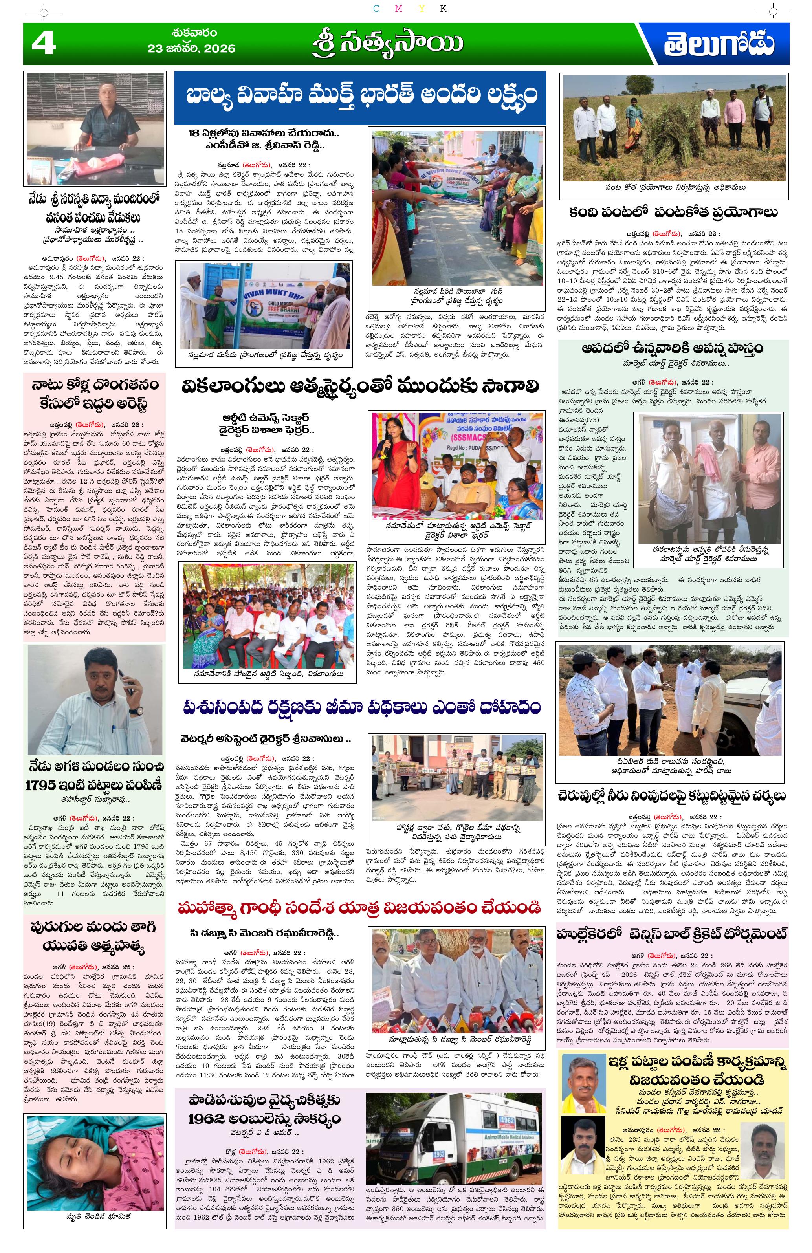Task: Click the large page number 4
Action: pos(43,43)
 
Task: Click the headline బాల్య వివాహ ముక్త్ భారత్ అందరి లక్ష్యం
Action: pos(360,96)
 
